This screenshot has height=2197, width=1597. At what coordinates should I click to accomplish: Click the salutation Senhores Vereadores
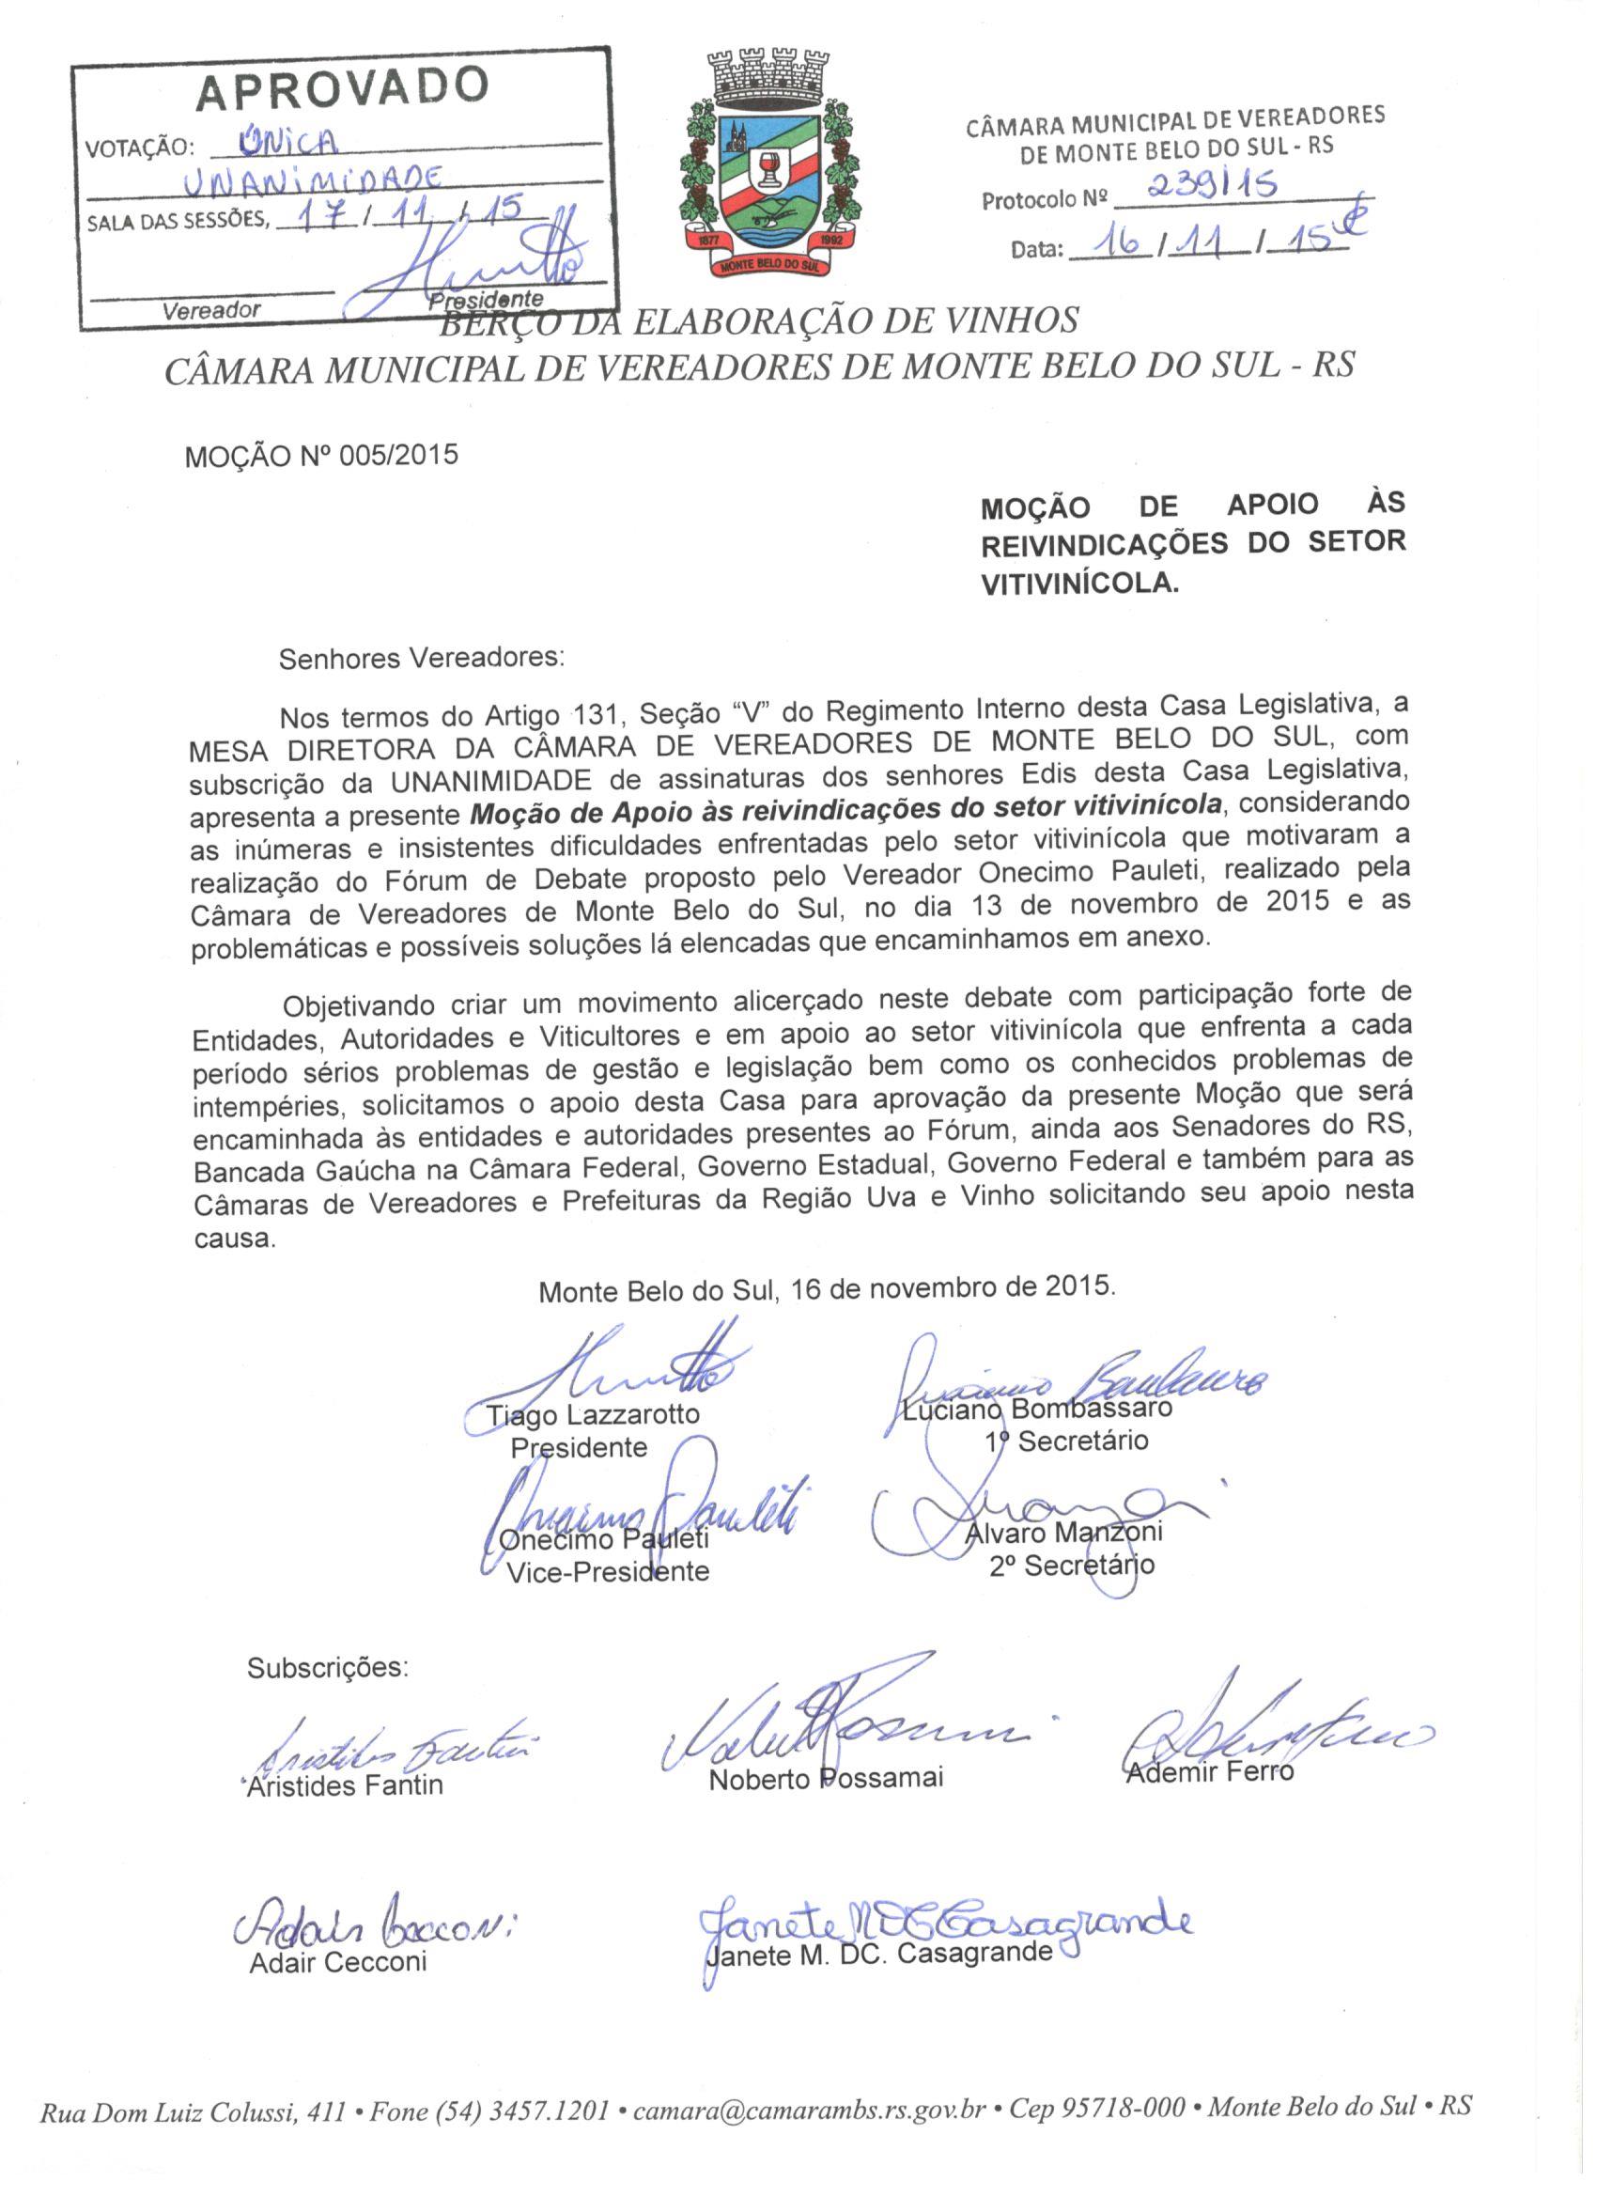(420, 658)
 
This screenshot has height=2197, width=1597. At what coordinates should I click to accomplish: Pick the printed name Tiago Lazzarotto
(593, 1415)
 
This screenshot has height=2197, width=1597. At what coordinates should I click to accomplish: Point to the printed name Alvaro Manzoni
(1064, 1533)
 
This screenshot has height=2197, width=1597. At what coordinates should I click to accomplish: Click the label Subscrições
(328, 1668)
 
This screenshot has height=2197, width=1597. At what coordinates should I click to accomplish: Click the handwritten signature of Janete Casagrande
(944, 1892)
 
